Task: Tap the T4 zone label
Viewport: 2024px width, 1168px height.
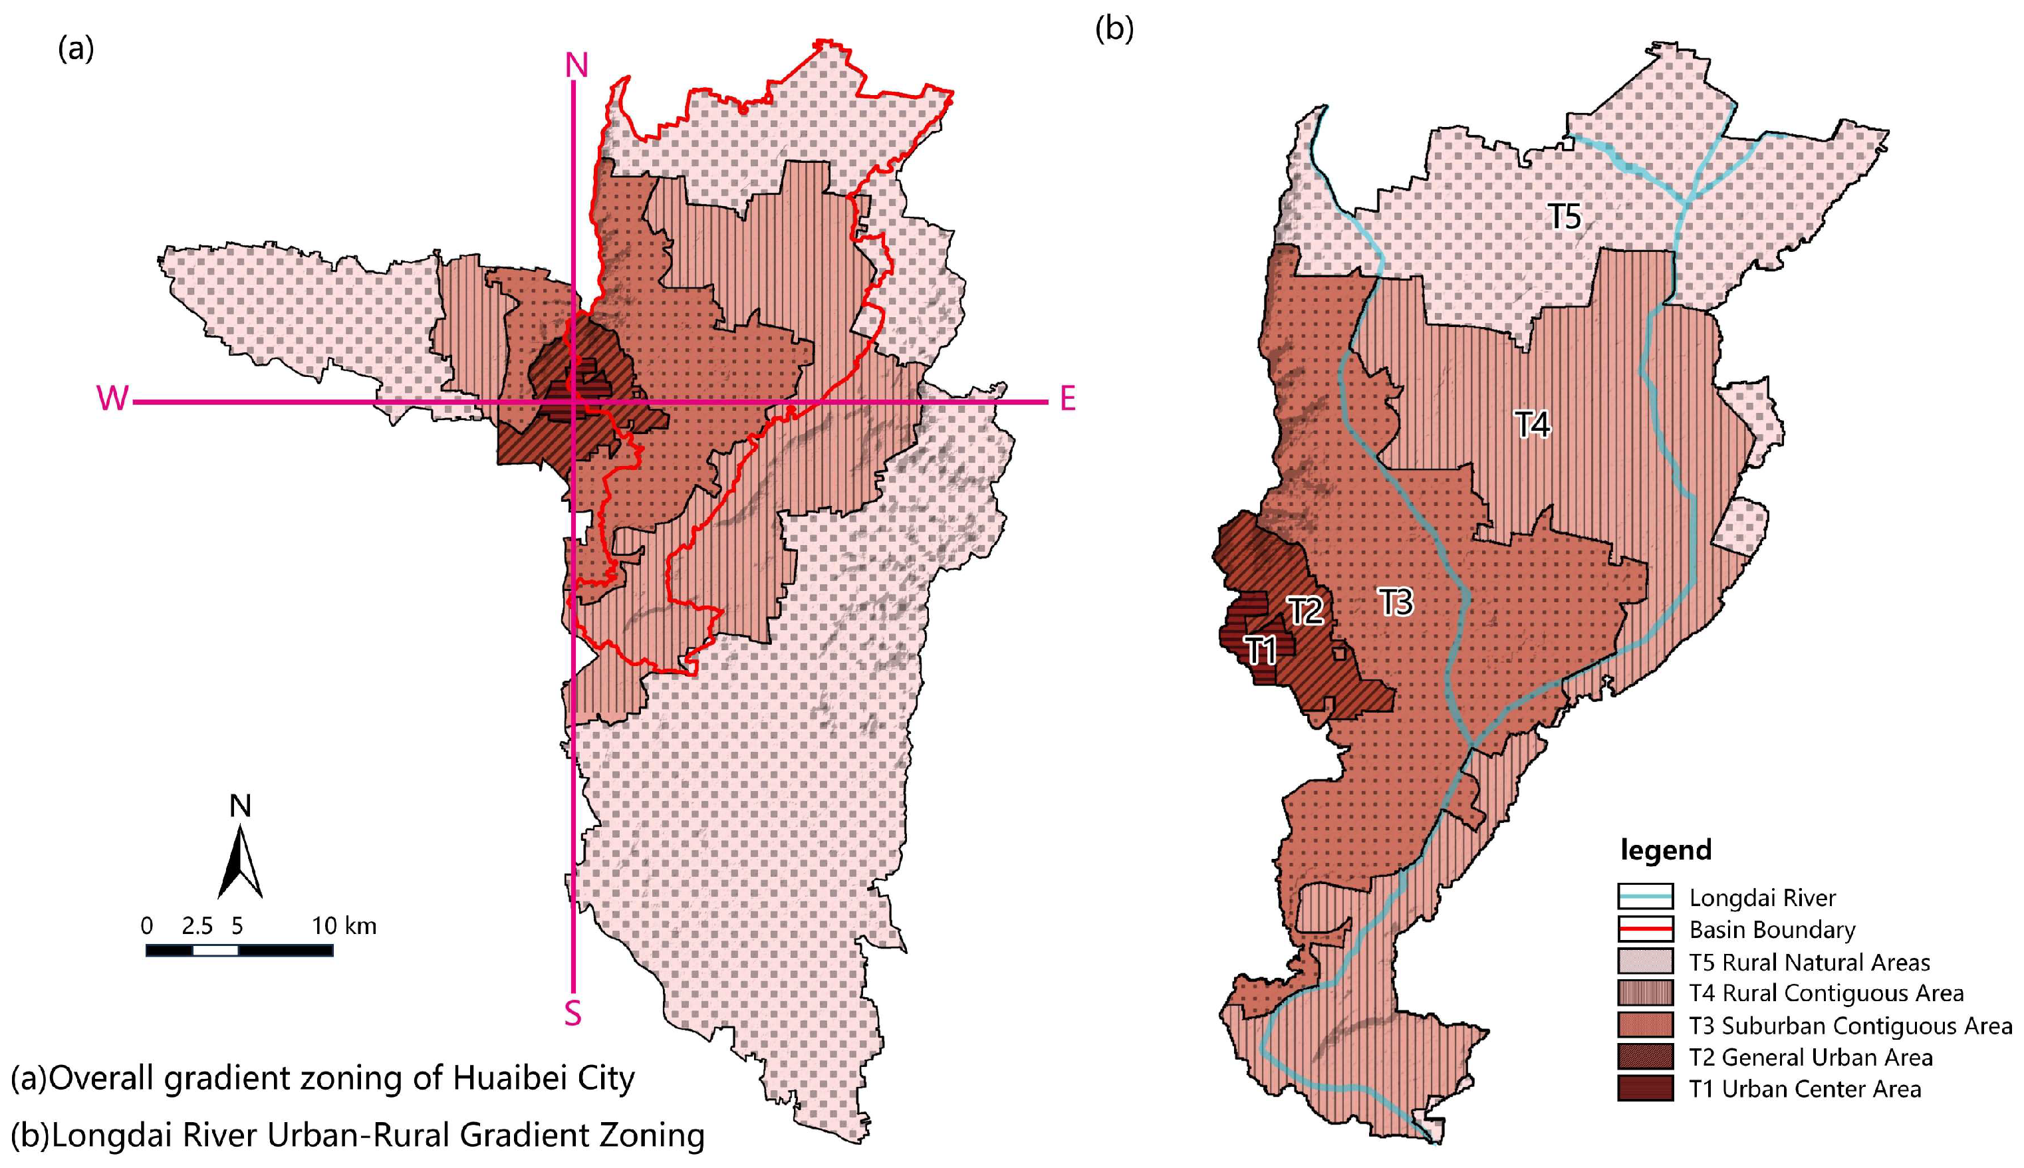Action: [1532, 423]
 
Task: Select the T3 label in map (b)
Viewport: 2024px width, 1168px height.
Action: [1396, 602]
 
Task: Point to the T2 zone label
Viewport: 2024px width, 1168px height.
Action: [1305, 612]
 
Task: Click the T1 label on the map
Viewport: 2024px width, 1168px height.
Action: [1260, 649]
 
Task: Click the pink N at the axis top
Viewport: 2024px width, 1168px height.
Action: [576, 66]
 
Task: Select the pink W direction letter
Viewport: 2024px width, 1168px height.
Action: [112, 399]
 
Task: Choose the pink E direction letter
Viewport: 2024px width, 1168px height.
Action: [1067, 399]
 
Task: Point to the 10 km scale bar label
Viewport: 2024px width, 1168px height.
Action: [343, 927]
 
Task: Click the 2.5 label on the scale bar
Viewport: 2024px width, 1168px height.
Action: [197, 927]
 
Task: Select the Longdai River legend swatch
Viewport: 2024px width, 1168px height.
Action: [1646, 897]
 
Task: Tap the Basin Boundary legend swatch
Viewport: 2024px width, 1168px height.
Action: [1646, 929]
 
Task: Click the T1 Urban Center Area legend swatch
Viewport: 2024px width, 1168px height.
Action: [1646, 1089]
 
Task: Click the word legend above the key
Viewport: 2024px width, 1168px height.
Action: [1666, 850]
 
